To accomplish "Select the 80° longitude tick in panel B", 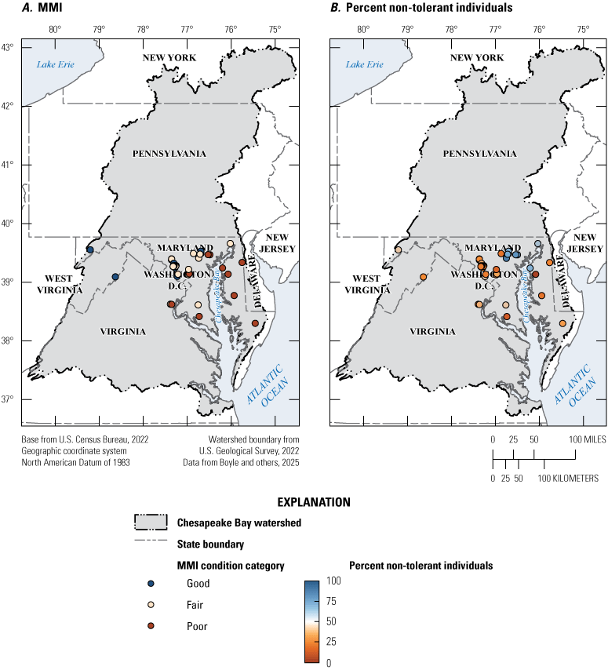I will click(362, 30).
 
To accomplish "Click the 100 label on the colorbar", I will click(333, 581).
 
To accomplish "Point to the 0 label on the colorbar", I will click(327, 663).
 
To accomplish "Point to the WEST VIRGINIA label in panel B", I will click(368, 283).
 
